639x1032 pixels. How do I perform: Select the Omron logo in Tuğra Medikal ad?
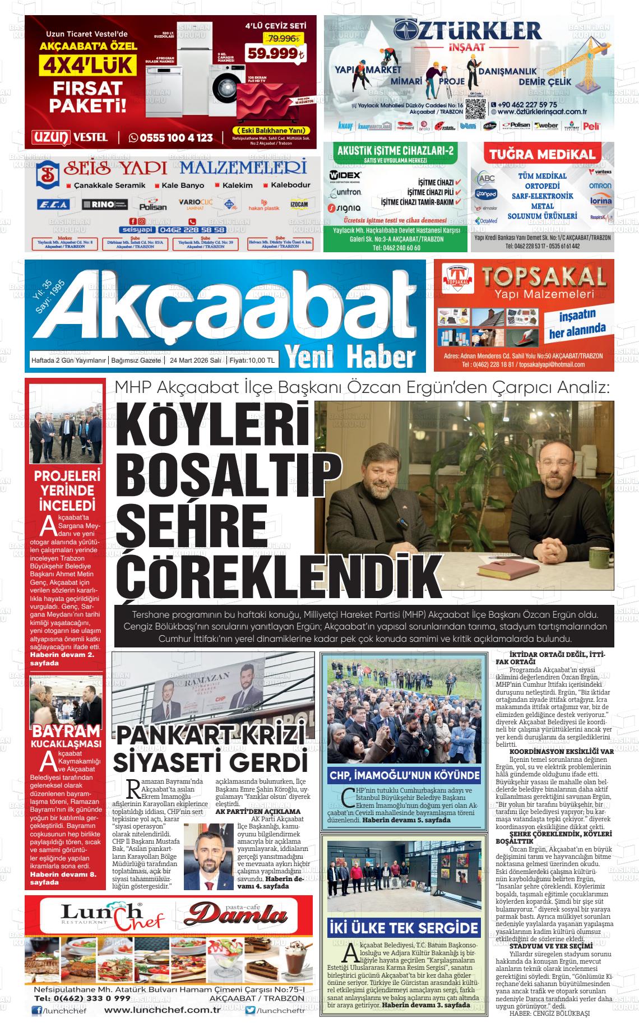point(600,186)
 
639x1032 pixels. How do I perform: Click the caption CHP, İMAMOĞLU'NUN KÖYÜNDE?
point(404,776)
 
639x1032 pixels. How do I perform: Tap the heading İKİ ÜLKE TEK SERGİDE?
point(404,928)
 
